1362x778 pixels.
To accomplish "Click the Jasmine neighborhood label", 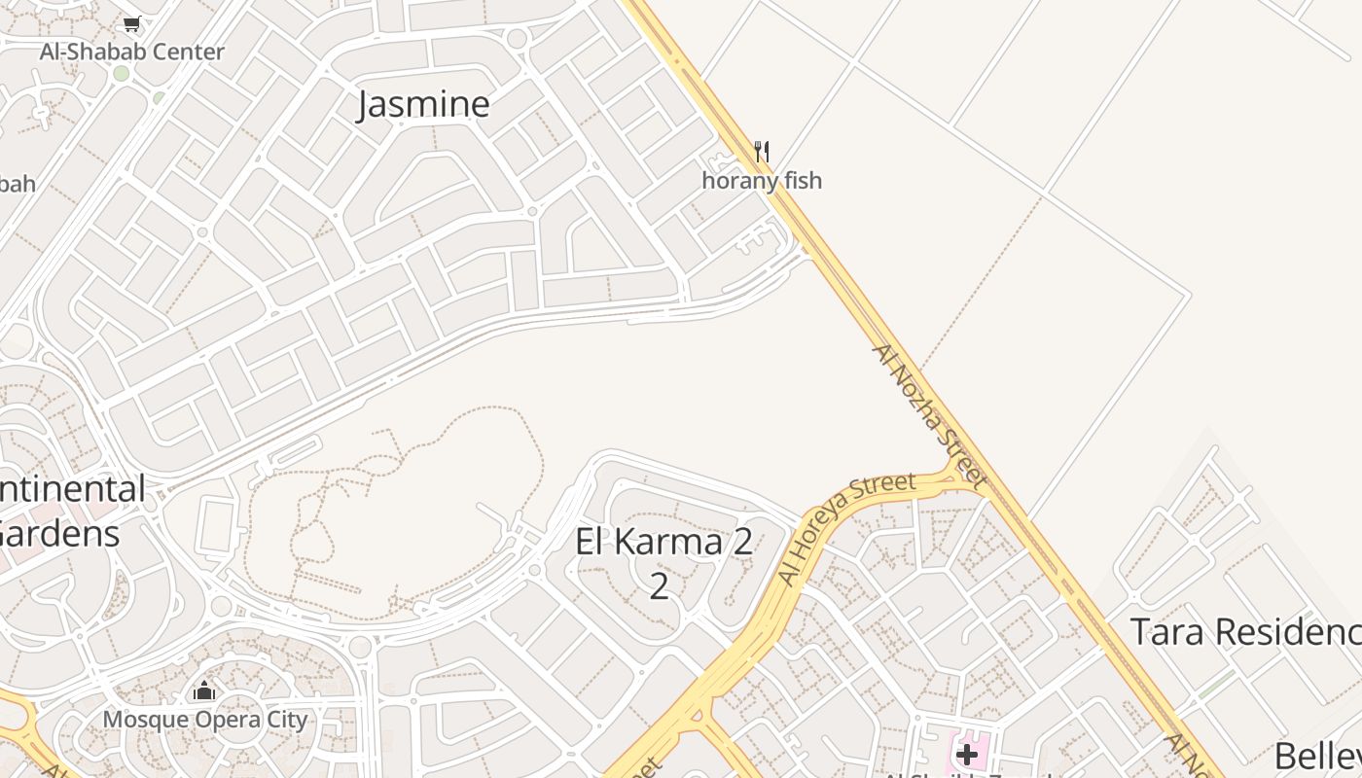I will tap(423, 104).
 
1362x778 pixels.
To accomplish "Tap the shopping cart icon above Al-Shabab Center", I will tap(132, 23).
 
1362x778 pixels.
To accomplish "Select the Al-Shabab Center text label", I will tap(132, 52).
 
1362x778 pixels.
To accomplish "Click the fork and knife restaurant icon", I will tap(762, 152).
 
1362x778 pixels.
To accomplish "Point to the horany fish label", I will tap(762, 180).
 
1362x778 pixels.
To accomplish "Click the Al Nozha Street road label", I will tap(929, 413).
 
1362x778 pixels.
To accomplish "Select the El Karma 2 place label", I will tap(663, 542).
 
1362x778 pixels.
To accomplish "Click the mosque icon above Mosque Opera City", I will tap(204, 691).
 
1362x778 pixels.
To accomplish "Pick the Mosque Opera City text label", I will tap(205, 720).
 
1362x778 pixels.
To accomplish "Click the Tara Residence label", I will tap(1245, 632).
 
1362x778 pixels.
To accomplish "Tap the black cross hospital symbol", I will tap(966, 755).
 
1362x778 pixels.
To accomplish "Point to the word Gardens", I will tap(60, 533).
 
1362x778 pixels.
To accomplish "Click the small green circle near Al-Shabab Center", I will tap(121, 74).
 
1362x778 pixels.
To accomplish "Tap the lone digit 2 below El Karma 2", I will tap(659, 586).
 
